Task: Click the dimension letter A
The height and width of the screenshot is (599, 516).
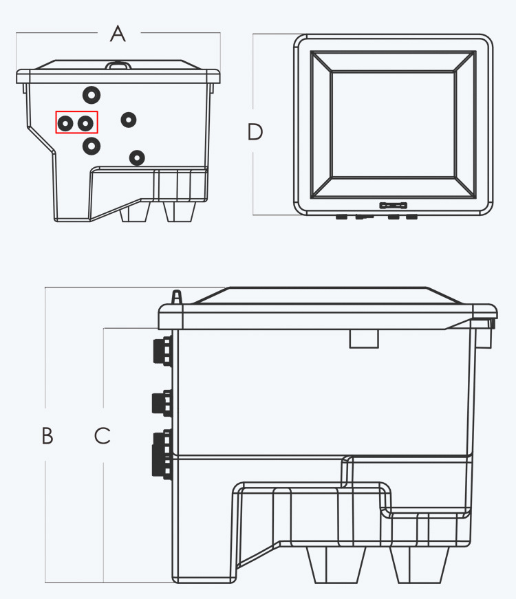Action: tap(118, 33)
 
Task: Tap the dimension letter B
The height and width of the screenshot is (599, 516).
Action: tap(47, 435)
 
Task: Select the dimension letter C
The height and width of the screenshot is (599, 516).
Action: tap(103, 435)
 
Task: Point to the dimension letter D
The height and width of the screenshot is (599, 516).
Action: tap(255, 132)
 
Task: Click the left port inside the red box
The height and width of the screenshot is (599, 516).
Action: tap(65, 123)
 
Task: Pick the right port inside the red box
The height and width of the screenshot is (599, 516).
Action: tap(85, 123)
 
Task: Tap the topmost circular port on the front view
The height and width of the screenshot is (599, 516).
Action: tap(92, 95)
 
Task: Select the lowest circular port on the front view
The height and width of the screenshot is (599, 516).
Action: tap(137, 157)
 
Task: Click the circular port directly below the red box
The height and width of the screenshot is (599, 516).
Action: tap(92, 146)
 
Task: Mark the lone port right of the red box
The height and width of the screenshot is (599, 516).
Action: tap(129, 120)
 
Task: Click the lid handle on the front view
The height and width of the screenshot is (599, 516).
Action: tap(118, 66)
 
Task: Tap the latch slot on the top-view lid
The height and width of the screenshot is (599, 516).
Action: tap(394, 206)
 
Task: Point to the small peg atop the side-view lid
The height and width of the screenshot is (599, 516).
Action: tap(176, 297)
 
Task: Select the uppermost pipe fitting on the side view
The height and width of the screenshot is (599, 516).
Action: tap(163, 350)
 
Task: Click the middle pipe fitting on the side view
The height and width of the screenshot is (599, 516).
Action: tap(162, 402)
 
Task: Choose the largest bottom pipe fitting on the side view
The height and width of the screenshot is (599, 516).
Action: tap(163, 454)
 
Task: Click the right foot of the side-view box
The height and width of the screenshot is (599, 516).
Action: tap(419, 564)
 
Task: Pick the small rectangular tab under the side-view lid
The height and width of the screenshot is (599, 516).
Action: tap(364, 339)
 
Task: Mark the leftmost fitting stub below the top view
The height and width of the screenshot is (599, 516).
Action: tap(341, 217)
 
